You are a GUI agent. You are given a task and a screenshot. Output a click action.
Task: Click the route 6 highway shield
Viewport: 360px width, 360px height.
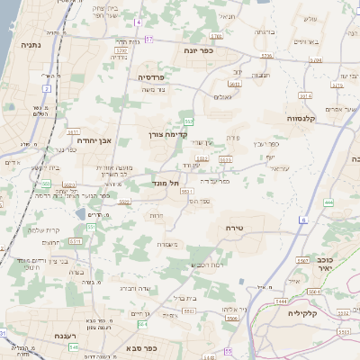click(x=304, y=220)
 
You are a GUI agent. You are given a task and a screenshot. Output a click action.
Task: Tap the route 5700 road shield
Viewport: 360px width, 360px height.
click(x=120, y=51)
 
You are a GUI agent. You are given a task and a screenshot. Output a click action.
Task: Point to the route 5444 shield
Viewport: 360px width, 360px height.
click(x=281, y=301)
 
